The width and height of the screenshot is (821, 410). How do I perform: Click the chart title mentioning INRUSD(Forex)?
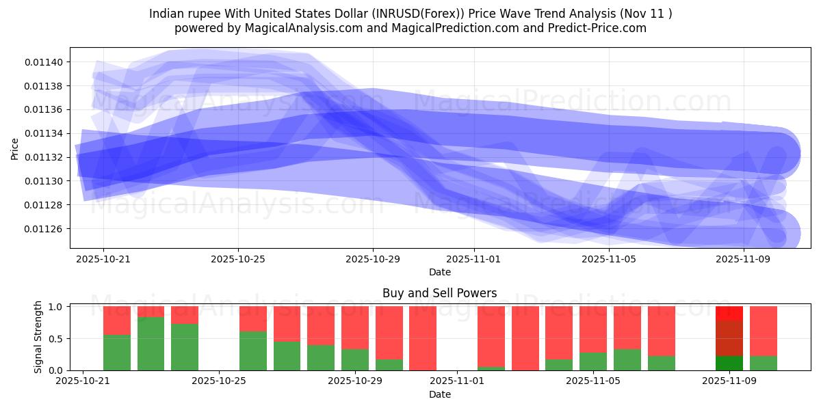click(410, 13)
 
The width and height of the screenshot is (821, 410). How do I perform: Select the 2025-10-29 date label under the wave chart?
click(373, 259)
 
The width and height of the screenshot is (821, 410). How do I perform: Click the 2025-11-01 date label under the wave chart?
click(473, 259)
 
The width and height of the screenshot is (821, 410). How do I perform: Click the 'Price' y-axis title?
click(15, 148)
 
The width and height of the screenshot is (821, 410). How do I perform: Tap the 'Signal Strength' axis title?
click(38, 337)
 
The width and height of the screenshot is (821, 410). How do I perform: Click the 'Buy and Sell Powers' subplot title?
click(439, 293)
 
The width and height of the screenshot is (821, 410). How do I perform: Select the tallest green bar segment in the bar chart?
click(151, 344)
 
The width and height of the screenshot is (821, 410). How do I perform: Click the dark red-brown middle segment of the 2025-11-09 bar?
click(729, 338)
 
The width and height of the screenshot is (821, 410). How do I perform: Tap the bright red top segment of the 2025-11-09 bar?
click(729, 313)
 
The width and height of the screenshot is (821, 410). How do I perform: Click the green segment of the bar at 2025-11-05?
click(592, 361)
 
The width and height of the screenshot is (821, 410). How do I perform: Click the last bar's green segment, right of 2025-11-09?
click(763, 363)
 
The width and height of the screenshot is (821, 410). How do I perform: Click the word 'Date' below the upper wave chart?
click(439, 272)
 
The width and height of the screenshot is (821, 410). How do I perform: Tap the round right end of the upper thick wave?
click(780, 153)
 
